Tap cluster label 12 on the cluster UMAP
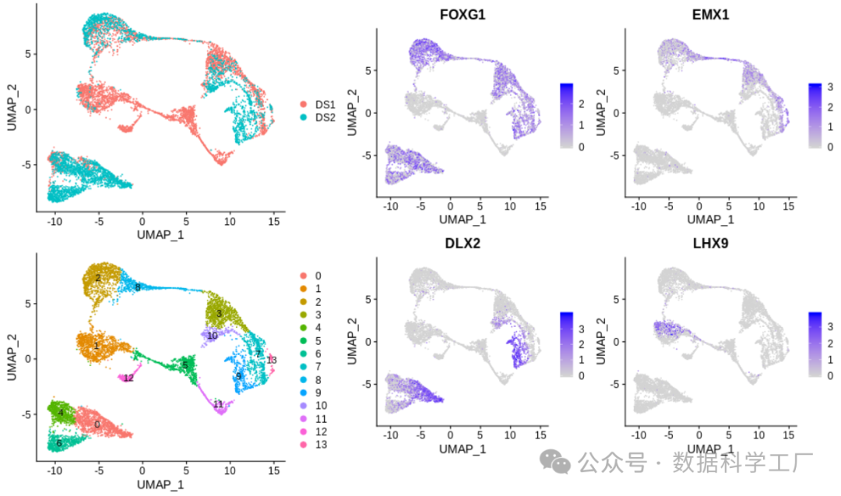[x=128, y=378]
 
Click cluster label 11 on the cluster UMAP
[x=218, y=403]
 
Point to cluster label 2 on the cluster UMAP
[x=98, y=278]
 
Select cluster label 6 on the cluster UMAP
[x=59, y=443]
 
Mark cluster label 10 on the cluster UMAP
[x=212, y=335]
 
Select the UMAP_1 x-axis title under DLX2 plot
[x=462, y=449]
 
